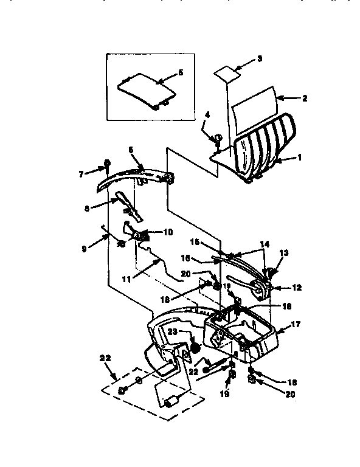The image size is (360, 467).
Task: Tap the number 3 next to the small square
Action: (260, 59)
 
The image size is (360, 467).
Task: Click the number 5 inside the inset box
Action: (180, 72)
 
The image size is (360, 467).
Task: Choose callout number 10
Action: (167, 232)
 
